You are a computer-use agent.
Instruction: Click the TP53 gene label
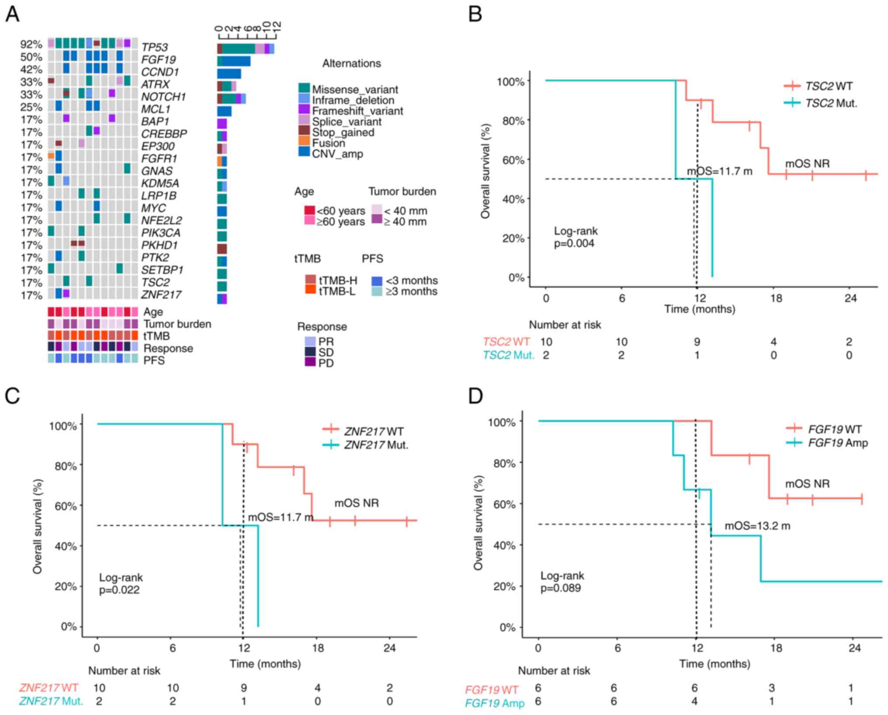click(154, 47)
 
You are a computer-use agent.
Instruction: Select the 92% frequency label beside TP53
click(31, 45)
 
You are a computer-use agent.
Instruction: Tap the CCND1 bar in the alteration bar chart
click(229, 73)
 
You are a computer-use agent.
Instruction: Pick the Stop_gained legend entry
click(343, 132)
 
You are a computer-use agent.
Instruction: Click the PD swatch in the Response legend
click(310, 362)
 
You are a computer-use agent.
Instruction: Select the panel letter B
click(475, 14)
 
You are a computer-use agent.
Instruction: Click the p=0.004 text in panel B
click(574, 243)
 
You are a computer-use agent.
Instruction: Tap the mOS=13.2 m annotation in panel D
click(757, 526)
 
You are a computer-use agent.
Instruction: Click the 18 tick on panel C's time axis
click(318, 648)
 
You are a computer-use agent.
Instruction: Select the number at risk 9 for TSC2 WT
click(697, 342)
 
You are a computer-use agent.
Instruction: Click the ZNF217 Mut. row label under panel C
click(51, 701)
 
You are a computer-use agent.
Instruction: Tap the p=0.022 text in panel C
click(119, 590)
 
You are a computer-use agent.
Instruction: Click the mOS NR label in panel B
click(807, 164)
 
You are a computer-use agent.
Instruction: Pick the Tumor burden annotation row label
click(177, 324)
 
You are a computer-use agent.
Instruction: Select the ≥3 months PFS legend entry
click(411, 291)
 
